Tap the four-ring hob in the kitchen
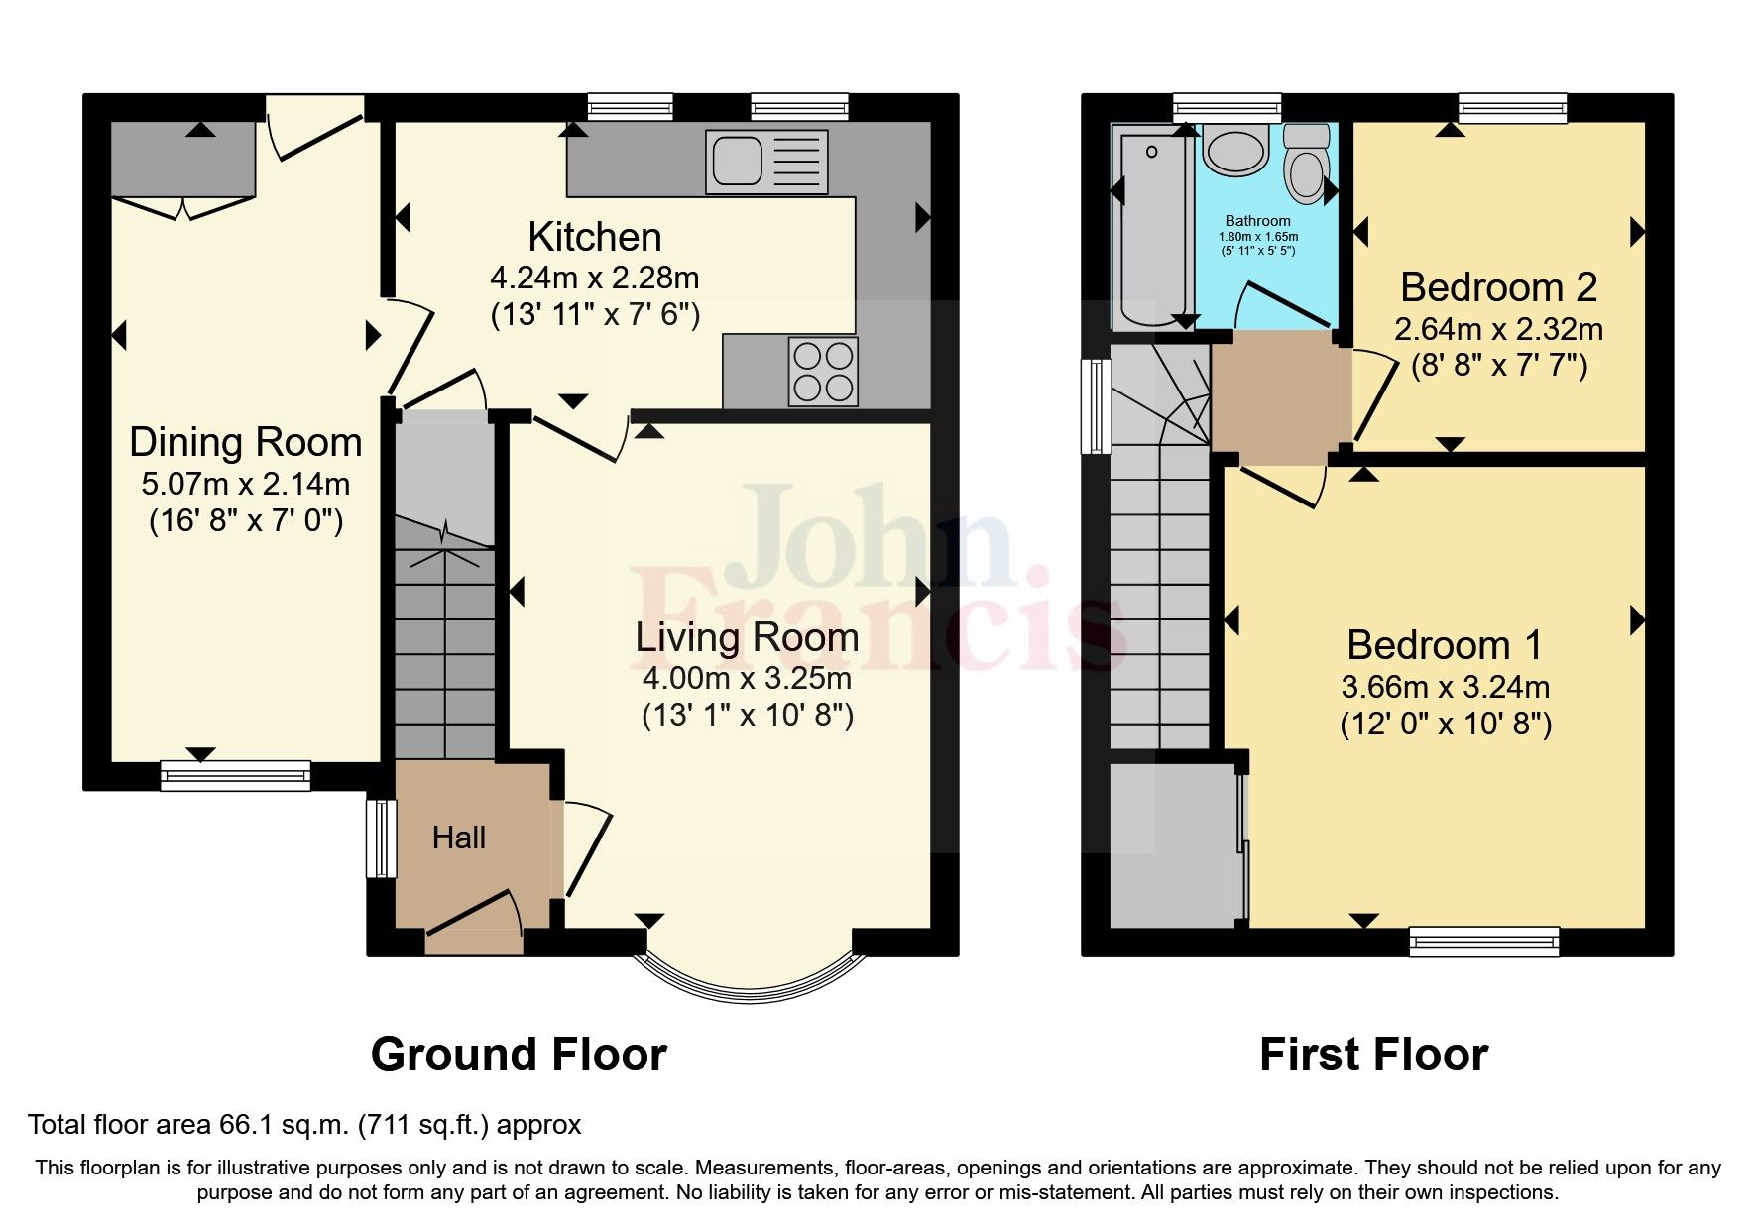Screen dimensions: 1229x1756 pyautogui.click(x=822, y=372)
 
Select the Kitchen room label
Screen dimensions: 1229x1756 pyautogui.click(x=594, y=238)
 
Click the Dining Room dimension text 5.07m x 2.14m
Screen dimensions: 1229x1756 pyautogui.click(x=245, y=484)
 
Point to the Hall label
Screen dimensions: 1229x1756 pyautogui.click(x=458, y=838)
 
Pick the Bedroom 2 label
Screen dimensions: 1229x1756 pyautogui.click(x=1497, y=287)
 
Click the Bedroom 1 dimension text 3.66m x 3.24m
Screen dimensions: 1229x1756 pyautogui.click(x=1445, y=687)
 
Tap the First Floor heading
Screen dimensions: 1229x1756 pyautogui.click(x=1372, y=1056)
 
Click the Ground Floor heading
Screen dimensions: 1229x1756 pyautogui.click(x=518, y=1056)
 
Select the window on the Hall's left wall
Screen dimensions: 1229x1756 pyautogui.click(x=381, y=838)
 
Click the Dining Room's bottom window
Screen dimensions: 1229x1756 pyautogui.click(x=236, y=775)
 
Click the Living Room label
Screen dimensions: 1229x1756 pyautogui.click(x=747, y=637)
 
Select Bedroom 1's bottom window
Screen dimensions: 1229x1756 pyautogui.click(x=1483, y=941)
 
